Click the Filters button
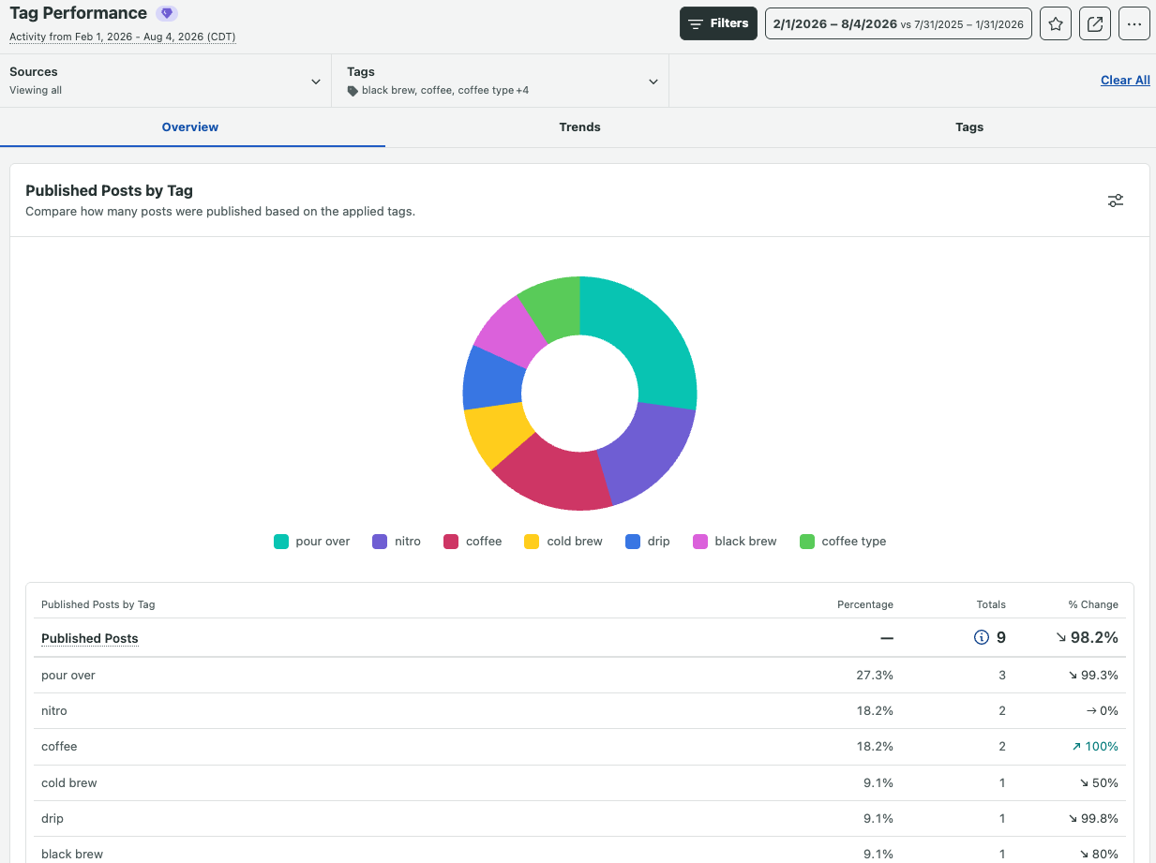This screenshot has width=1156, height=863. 718,23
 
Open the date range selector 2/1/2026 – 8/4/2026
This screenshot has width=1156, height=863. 898,23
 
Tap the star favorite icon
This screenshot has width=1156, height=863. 1056,23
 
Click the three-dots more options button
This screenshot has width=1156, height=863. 1133,23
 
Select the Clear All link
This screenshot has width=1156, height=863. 1125,80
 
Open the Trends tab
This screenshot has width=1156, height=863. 579,126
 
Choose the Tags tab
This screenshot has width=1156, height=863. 969,126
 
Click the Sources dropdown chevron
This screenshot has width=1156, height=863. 315,82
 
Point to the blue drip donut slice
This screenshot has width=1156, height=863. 492,379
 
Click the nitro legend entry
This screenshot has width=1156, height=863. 397,542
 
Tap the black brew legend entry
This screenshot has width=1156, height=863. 735,542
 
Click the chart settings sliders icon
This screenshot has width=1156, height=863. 1115,201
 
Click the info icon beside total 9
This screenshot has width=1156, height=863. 982,637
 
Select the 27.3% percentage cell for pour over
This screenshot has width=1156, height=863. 874,676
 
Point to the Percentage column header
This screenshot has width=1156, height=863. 864,604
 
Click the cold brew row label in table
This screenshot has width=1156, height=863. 69,782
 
